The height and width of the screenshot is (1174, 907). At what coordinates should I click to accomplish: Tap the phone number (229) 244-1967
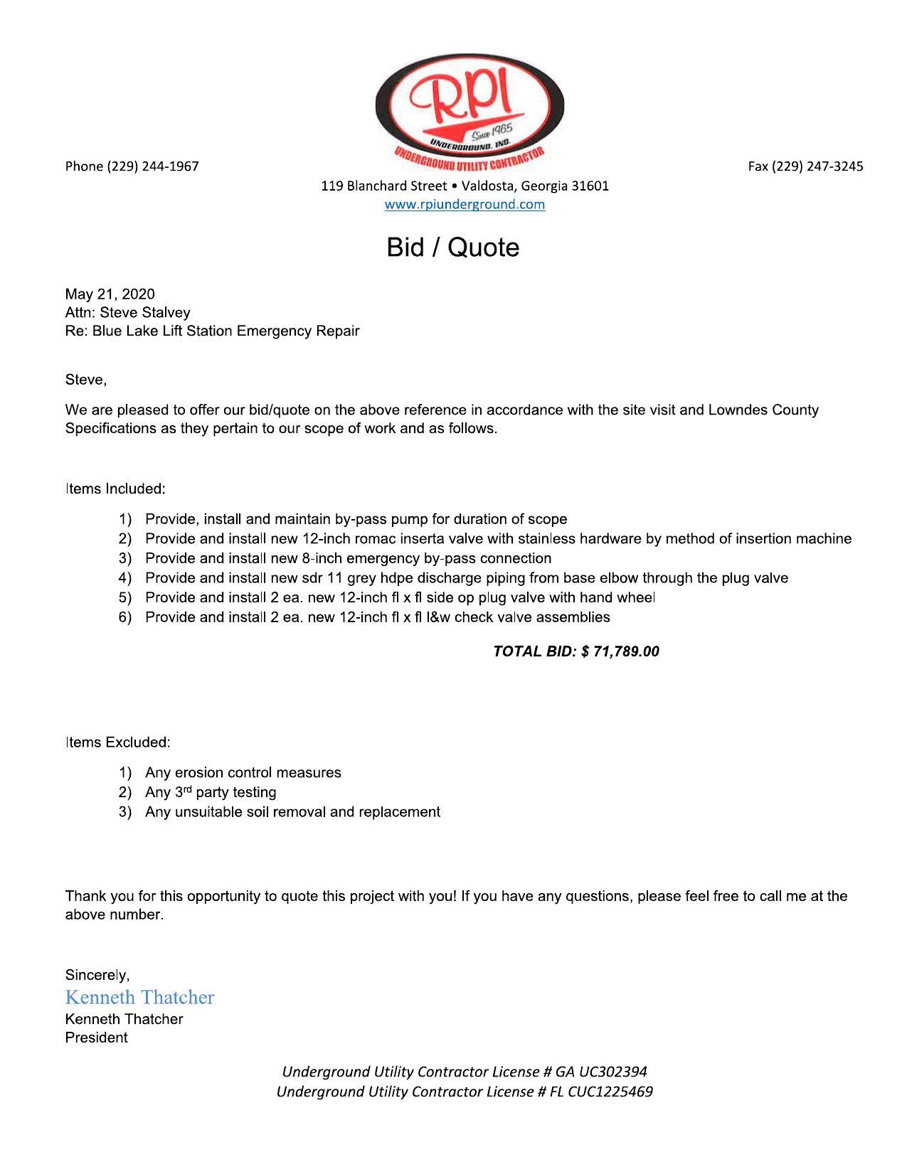coord(152,166)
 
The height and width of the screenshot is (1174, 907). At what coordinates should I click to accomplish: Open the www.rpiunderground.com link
coord(465,205)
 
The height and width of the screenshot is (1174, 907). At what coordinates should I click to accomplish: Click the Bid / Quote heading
coord(452,247)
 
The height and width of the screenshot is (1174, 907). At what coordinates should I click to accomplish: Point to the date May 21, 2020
coord(110,294)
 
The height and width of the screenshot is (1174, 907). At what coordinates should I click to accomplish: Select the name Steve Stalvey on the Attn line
coord(144,313)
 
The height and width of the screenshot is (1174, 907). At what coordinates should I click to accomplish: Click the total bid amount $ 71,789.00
coord(620,651)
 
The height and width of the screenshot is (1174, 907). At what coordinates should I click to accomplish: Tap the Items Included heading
coord(115,489)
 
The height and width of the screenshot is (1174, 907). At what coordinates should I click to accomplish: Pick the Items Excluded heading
coord(117,742)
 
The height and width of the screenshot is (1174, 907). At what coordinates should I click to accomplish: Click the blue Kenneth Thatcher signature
coord(139,997)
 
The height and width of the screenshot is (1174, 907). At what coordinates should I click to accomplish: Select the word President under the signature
coord(96,1037)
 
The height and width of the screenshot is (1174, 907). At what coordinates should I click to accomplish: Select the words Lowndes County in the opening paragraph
coord(763,410)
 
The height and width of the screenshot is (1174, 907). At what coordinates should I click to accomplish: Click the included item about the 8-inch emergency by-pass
coord(348,559)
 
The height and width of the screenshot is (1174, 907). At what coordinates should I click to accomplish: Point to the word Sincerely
coord(97,975)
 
